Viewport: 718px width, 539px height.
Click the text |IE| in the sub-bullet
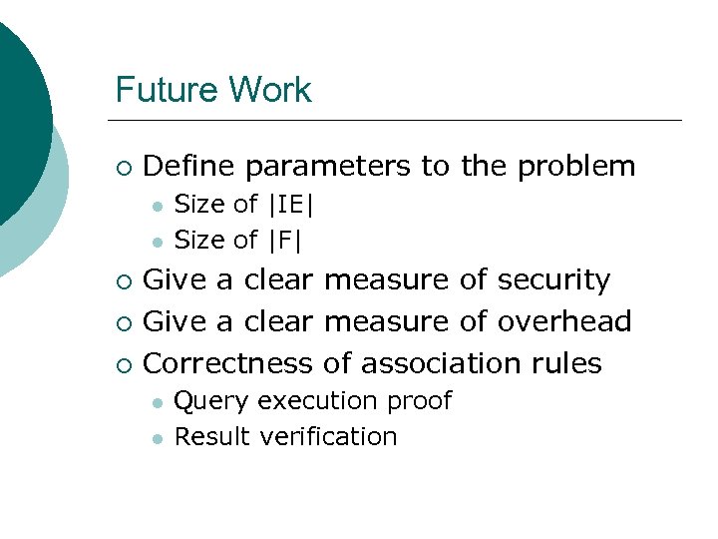[x=291, y=205]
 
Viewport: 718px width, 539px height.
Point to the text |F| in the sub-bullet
[x=285, y=240]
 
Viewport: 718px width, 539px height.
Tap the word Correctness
[x=229, y=362]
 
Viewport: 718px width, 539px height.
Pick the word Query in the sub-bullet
[x=212, y=401]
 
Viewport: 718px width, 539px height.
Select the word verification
[x=328, y=436]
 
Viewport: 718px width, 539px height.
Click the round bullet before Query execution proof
[x=157, y=402]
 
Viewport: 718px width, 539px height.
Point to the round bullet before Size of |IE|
[x=157, y=206]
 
